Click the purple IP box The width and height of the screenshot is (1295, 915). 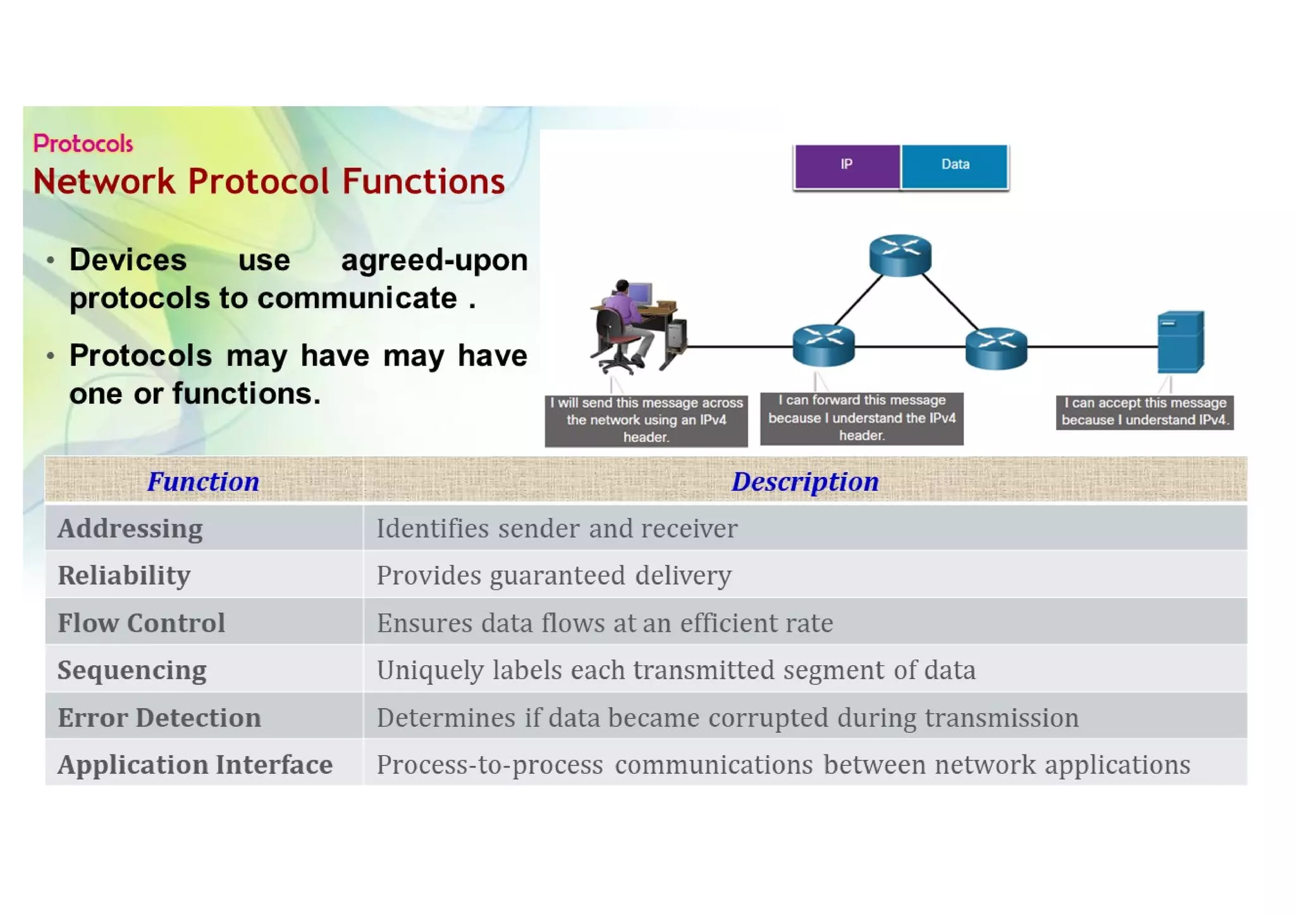click(847, 166)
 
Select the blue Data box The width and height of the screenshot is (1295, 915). click(954, 166)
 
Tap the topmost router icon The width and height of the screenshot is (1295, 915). click(900, 255)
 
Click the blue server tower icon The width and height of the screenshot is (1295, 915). click(1180, 342)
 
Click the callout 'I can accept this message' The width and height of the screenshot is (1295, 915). click(1145, 412)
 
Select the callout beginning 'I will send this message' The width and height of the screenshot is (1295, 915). click(646, 420)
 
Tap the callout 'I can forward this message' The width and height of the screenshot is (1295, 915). click(861, 418)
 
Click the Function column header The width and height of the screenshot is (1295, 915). click(203, 482)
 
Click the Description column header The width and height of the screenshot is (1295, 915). click(804, 482)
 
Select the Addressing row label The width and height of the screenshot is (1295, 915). click(130, 529)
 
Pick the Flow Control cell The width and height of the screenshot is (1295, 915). click(141, 623)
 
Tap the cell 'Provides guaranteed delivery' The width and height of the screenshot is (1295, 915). click(554, 576)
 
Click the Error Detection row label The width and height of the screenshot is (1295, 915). click(159, 718)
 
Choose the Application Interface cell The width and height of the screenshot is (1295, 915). click(195, 765)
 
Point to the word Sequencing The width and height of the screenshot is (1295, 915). click(132, 670)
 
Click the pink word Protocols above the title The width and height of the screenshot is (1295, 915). click(83, 144)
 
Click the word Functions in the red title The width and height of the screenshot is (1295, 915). click(423, 182)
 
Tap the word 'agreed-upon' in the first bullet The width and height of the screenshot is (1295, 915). click(434, 261)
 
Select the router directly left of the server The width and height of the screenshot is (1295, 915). click(996, 347)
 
